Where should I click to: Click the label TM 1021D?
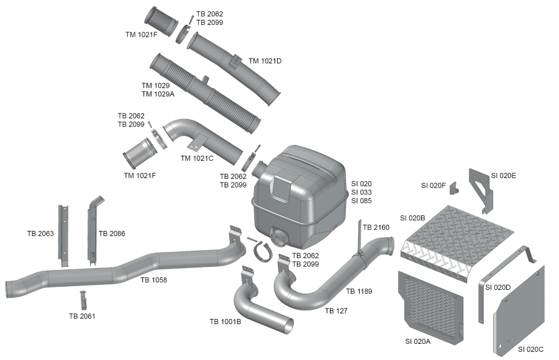[x=265, y=61]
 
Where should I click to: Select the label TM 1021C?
[x=197, y=158]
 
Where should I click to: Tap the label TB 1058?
[x=153, y=280]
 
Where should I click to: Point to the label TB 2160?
[x=376, y=227]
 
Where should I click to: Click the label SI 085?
[x=361, y=201]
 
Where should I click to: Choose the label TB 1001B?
[x=225, y=321]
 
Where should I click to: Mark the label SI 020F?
[x=433, y=185]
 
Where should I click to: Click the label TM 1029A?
[x=158, y=94]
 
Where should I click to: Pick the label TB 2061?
[x=82, y=316]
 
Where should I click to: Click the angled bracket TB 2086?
[x=93, y=230]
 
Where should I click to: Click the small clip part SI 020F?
[x=453, y=187]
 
